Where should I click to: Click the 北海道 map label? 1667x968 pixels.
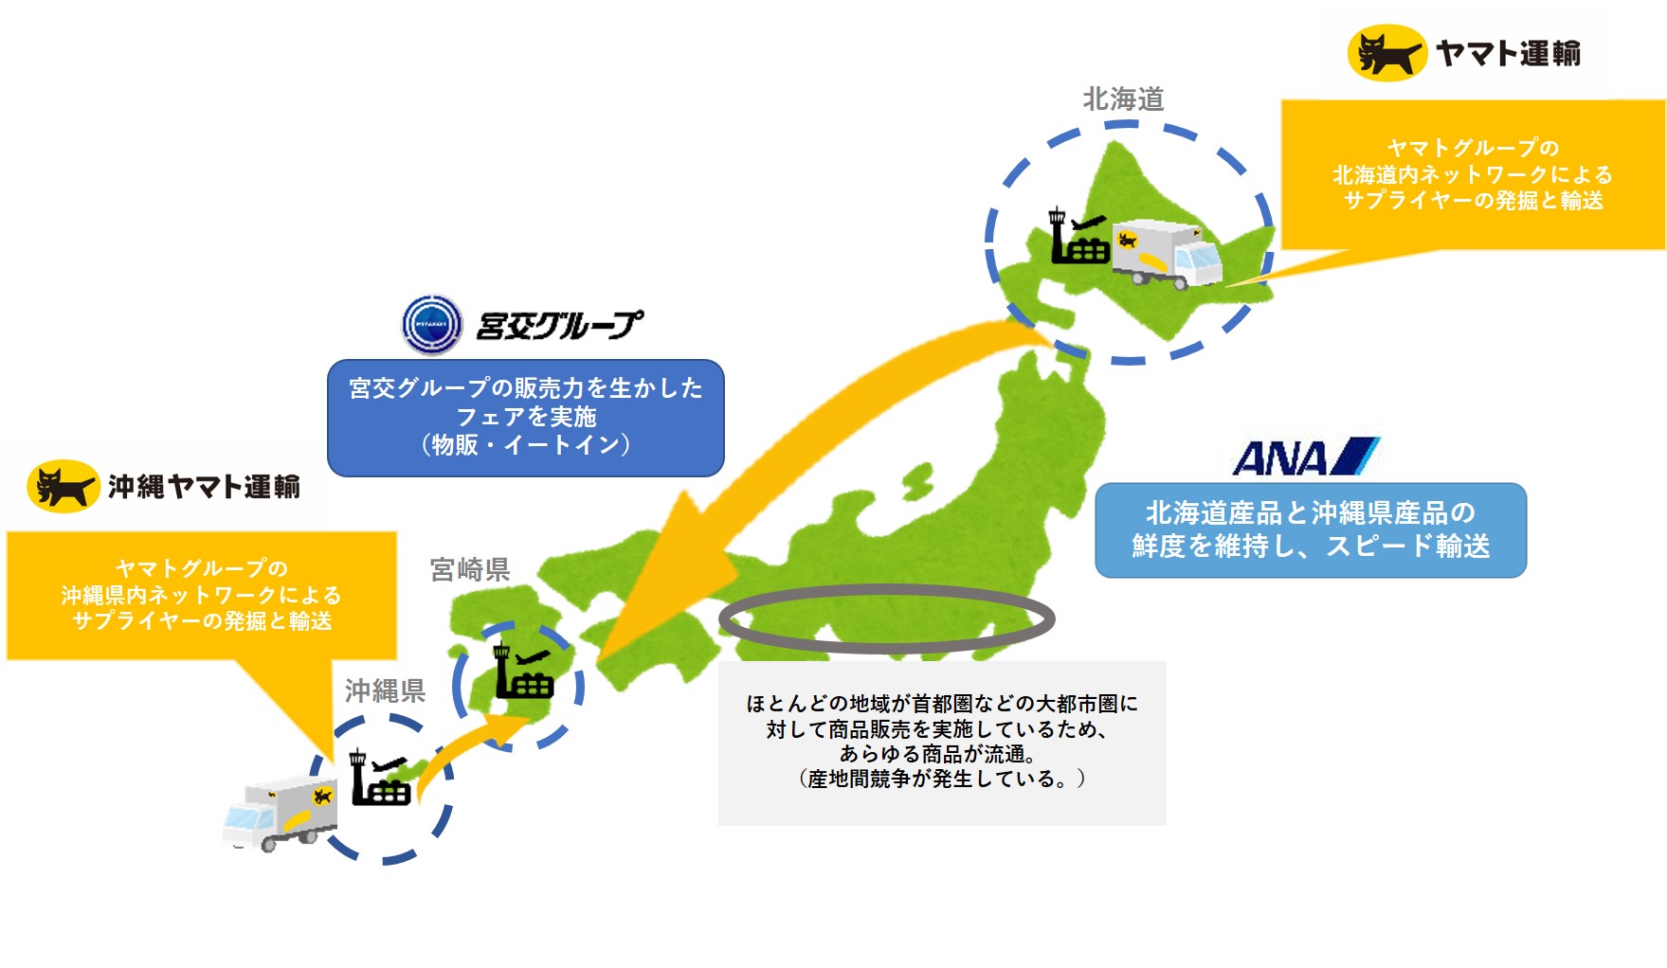[1123, 99]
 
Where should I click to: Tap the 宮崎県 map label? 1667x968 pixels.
[470, 569]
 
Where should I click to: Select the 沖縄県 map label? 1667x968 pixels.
[385, 690]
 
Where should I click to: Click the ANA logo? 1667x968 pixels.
[1306, 457]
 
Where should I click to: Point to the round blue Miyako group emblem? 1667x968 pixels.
[432, 324]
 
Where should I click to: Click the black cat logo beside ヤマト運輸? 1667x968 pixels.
[1386, 53]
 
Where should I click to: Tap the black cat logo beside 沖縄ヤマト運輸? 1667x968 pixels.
[63, 486]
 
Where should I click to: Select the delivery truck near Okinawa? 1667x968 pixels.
[281, 813]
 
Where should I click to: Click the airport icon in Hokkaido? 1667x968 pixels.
[1078, 237]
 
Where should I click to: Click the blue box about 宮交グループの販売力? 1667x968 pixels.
[526, 417]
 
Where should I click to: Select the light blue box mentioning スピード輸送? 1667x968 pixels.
[1311, 529]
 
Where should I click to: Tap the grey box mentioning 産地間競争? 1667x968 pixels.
[942, 743]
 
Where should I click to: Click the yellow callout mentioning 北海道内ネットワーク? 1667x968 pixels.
[1473, 174]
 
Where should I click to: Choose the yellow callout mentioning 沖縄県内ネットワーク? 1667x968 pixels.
[201, 595]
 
